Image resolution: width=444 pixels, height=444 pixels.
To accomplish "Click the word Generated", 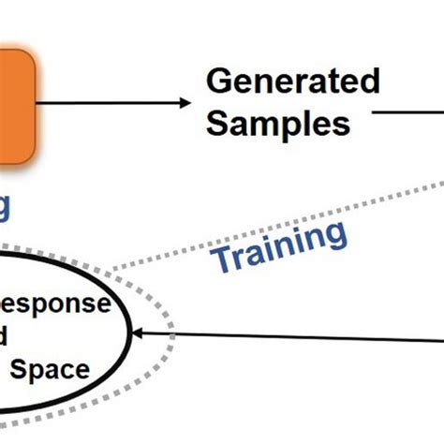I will click(292, 81).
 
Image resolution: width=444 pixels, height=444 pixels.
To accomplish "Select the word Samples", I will click(277, 123).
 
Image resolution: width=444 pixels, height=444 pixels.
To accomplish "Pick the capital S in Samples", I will click(217, 123).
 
